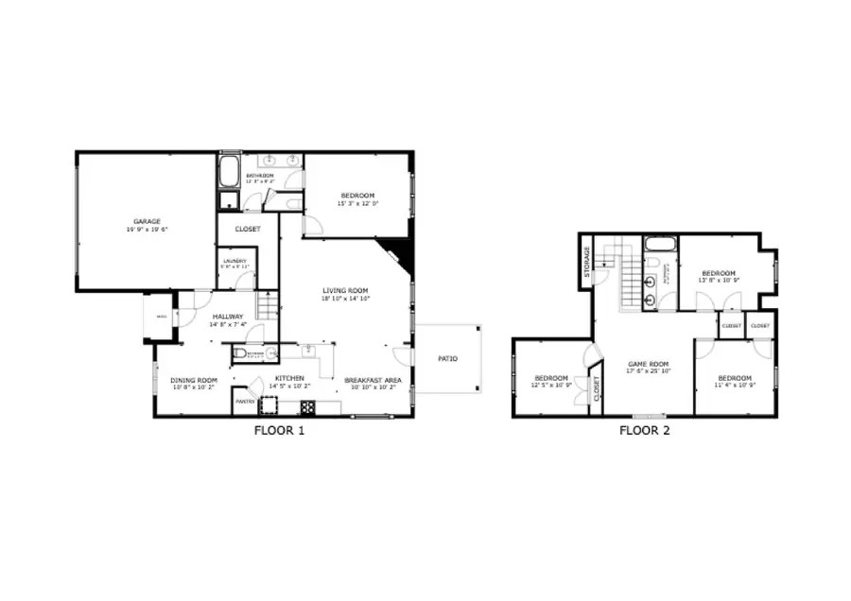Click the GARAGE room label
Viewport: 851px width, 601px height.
pos(147,221)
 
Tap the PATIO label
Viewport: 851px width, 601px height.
pos(448,358)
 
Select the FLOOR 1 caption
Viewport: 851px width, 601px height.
pos(280,431)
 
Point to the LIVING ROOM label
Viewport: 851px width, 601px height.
pos(344,290)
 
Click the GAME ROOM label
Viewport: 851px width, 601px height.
pos(649,364)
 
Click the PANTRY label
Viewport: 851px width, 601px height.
pos(244,402)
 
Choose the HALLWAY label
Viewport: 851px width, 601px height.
pos(228,316)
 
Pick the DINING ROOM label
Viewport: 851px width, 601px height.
pos(193,379)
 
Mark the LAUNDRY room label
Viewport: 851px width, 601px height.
pos(234,261)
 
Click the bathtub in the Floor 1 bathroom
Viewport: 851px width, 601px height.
pos(230,173)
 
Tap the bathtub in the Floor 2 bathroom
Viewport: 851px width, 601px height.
pos(659,246)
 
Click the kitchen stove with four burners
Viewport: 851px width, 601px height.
pos(308,408)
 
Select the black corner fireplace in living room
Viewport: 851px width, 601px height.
pos(397,253)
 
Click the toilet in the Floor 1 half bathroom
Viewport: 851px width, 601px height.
pos(241,353)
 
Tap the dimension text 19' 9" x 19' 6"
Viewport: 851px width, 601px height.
pos(147,230)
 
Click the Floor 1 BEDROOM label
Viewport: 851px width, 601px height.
pos(356,196)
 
